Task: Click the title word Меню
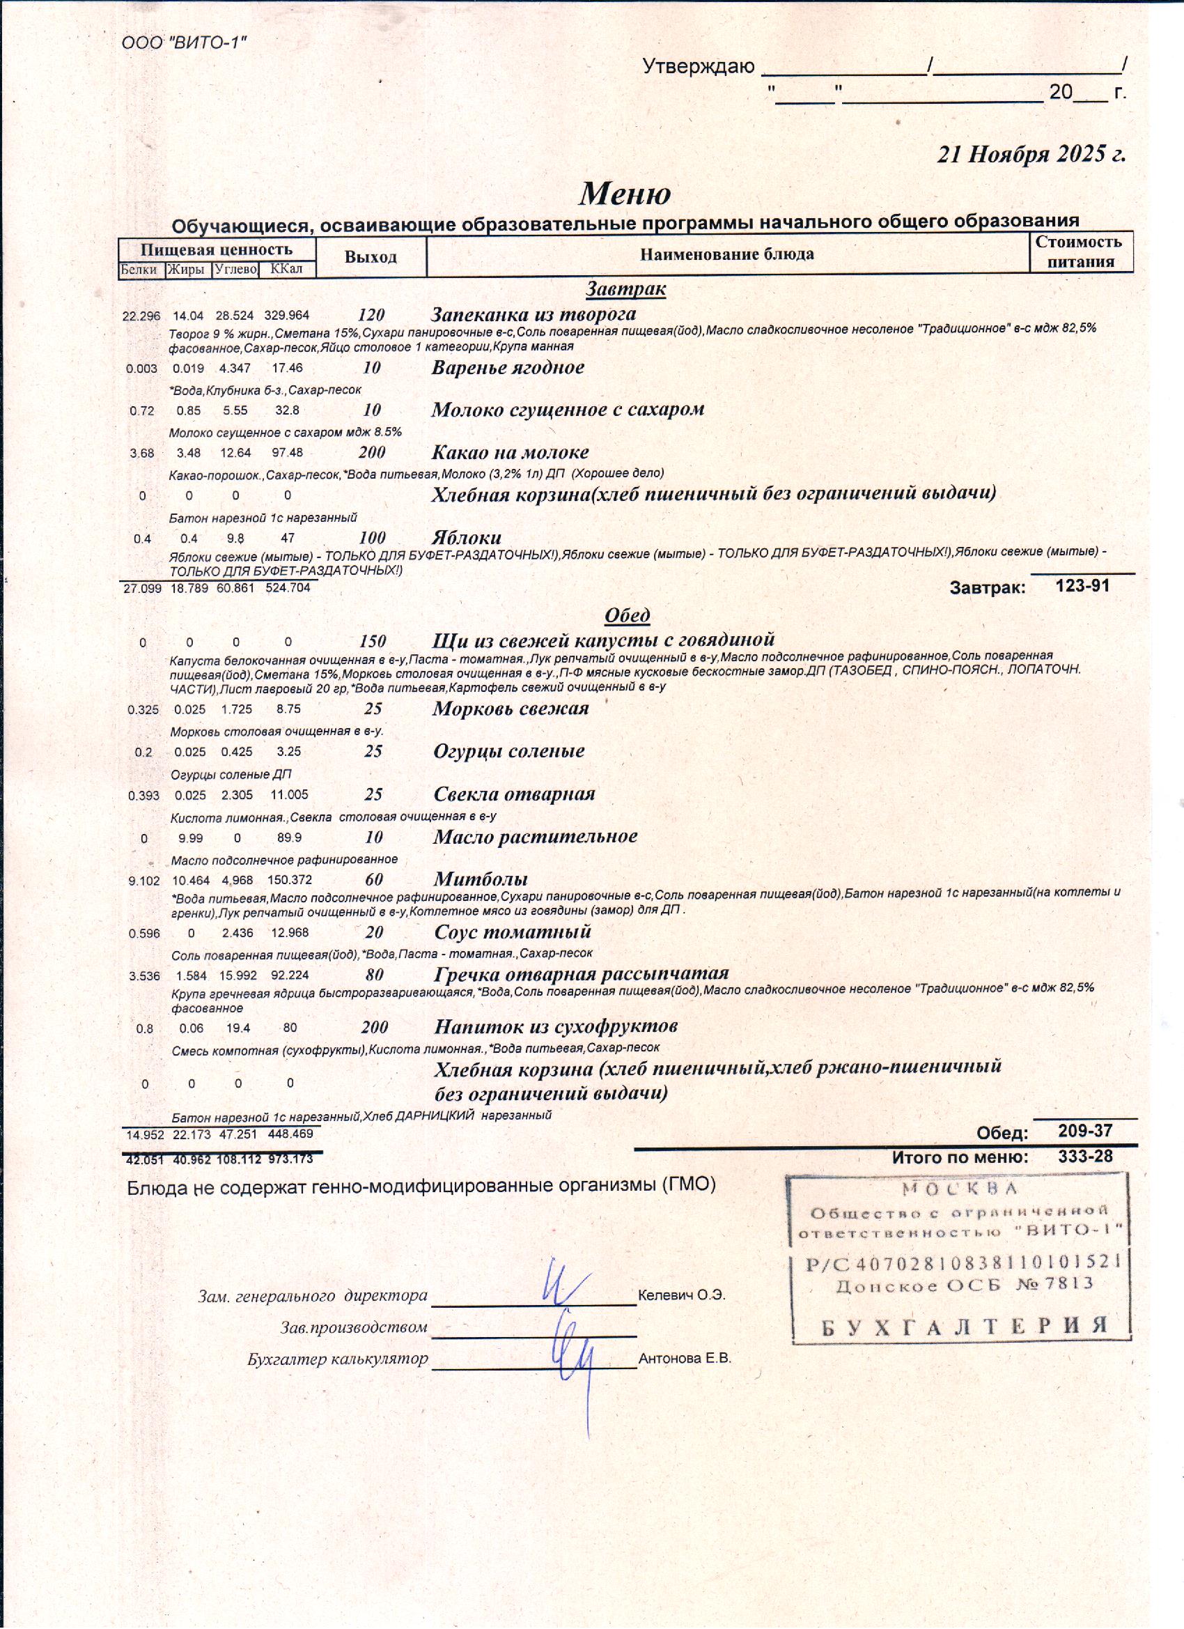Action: click(x=625, y=194)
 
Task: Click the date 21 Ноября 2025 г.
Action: click(x=1031, y=155)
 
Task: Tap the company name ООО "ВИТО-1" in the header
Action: click(x=184, y=43)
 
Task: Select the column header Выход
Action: click(x=371, y=257)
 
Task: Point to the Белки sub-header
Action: click(x=139, y=270)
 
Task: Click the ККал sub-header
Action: click(x=286, y=270)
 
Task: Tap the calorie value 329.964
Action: click(x=286, y=316)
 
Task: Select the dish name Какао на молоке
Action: click(x=510, y=452)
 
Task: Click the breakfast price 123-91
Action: click(x=1082, y=585)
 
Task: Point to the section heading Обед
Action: click(x=627, y=615)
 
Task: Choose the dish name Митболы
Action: click(x=481, y=879)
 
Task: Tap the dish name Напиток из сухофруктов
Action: click(x=556, y=1026)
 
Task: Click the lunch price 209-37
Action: click(x=1085, y=1132)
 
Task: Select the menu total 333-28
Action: click(x=1085, y=1157)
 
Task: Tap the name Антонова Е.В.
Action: click(x=684, y=1359)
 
